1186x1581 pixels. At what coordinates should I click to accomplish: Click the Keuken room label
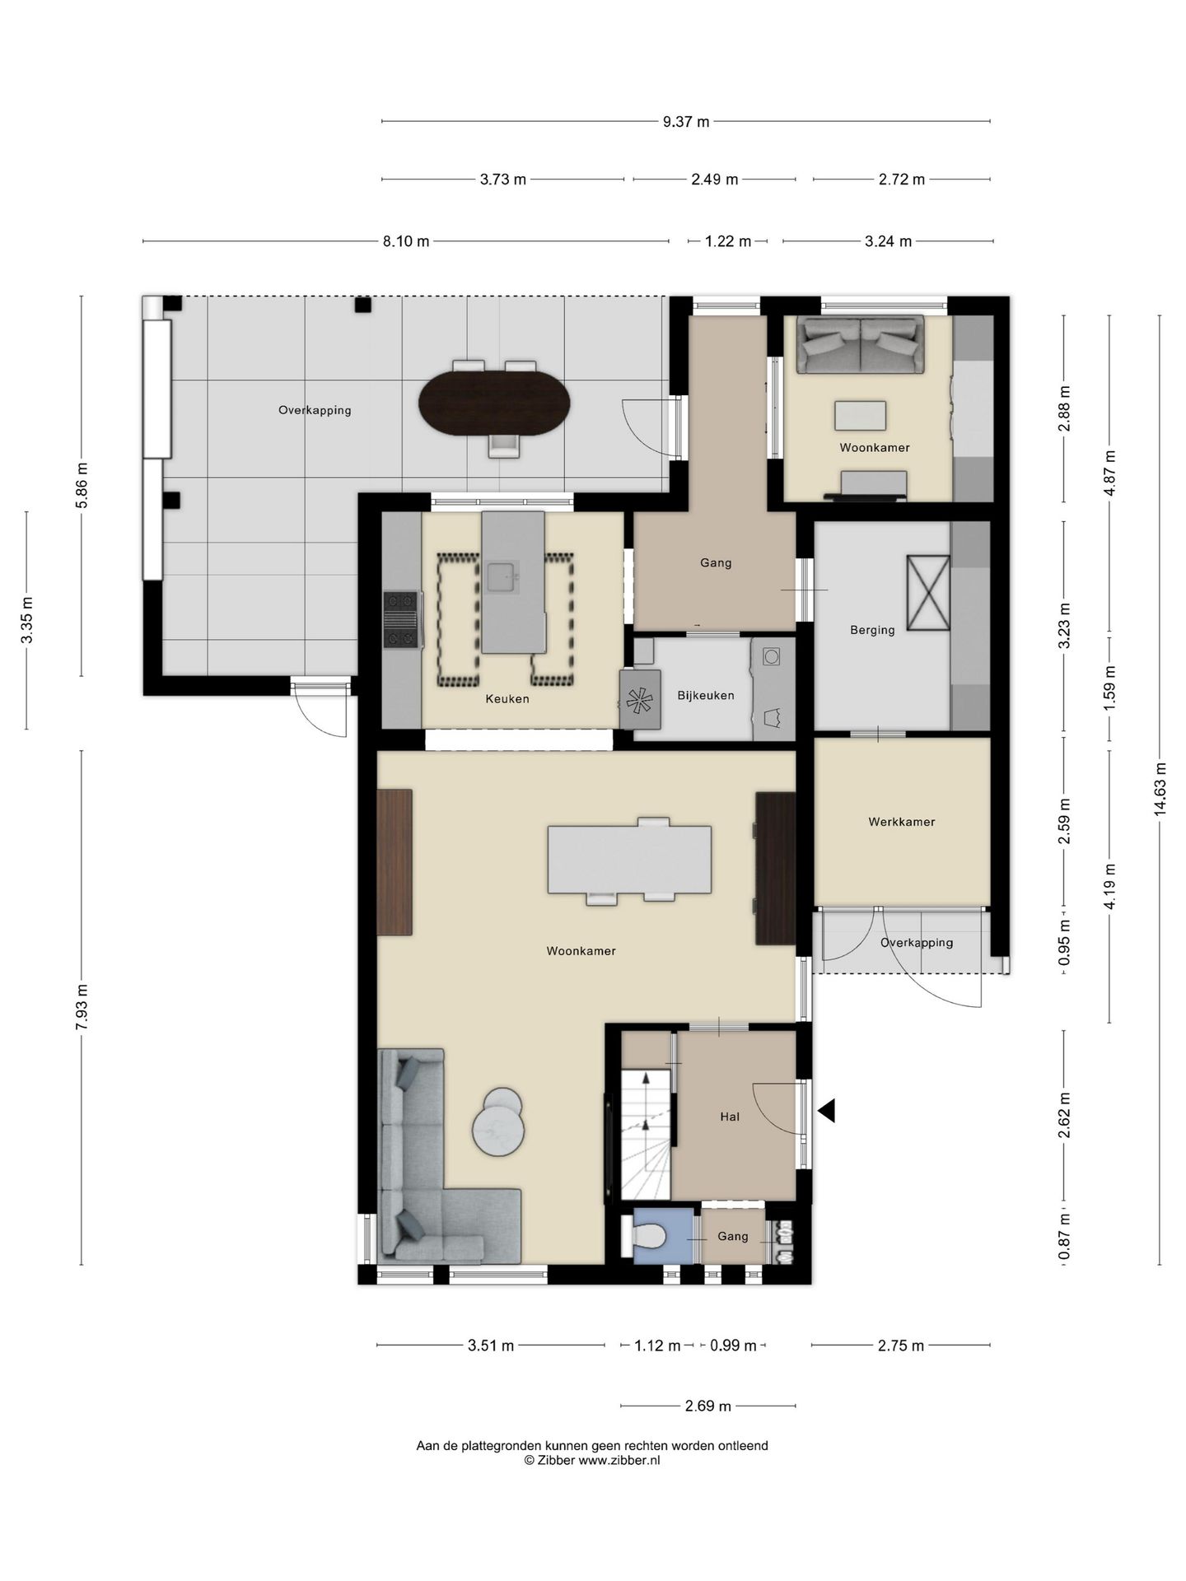[507, 699]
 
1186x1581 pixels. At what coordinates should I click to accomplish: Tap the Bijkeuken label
[706, 696]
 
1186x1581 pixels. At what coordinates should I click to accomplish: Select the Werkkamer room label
[902, 822]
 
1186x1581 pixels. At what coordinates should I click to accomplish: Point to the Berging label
[872, 631]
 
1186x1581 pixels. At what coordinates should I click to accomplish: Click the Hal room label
[730, 1117]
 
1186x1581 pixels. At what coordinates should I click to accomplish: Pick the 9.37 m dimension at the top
[686, 122]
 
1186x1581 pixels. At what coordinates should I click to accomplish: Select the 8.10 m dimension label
[406, 241]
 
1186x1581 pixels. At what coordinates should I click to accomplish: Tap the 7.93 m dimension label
[82, 1007]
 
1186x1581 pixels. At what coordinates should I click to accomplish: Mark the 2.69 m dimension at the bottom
[708, 1406]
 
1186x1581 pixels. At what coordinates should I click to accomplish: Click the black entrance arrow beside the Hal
[826, 1111]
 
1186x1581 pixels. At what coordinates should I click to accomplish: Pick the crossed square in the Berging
[928, 592]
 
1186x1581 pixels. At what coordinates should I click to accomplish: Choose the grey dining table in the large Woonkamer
[630, 860]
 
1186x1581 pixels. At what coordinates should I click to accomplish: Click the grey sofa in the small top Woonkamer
[861, 344]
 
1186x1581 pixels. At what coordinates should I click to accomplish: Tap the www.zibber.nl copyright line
[592, 1461]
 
